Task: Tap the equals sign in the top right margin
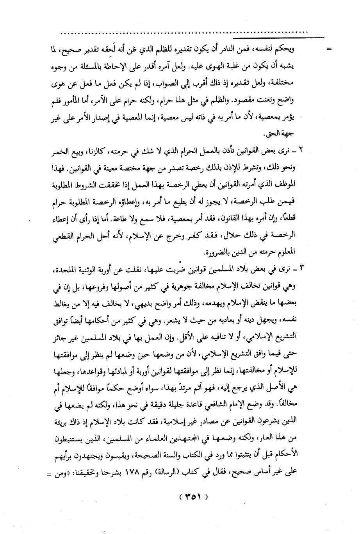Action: tap(329, 50)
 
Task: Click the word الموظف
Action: tap(287, 185)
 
